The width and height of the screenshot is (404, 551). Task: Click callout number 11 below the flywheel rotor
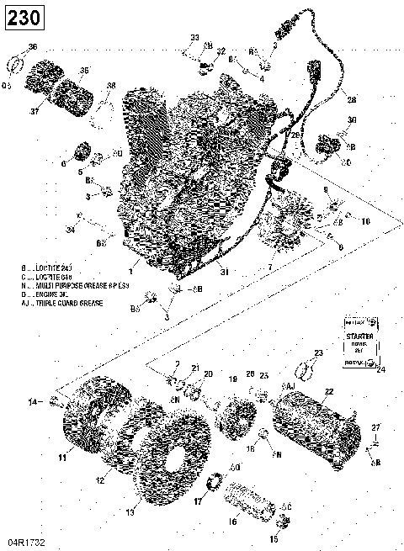coord(62,458)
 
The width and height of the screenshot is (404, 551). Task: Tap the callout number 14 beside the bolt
coord(33,403)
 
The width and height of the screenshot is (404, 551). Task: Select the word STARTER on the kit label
coord(358,336)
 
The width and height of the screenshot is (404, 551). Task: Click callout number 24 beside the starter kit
coord(380,368)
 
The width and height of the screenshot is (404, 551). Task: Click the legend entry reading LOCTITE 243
coord(57,268)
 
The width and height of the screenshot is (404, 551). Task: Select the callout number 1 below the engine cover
coord(130,272)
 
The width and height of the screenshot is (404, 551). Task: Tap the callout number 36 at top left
coord(33,46)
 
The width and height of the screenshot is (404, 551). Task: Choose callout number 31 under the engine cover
coord(224,272)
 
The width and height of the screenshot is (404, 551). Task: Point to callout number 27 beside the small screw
coord(377,428)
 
